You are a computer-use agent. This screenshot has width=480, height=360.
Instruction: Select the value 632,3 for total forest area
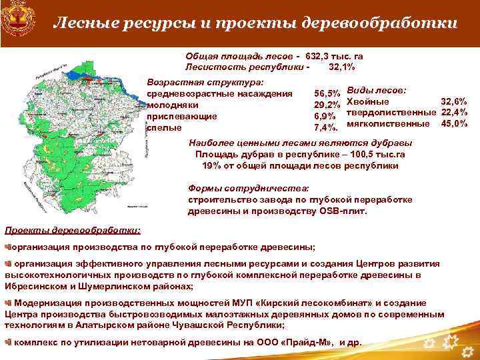click(319, 57)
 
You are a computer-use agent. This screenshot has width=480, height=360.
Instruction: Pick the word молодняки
click(172, 105)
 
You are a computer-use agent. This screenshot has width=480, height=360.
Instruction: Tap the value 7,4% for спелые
click(326, 127)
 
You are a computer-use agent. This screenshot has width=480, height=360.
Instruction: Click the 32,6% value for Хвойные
click(453, 101)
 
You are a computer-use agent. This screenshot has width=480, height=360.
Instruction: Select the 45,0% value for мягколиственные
click(453, 123)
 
